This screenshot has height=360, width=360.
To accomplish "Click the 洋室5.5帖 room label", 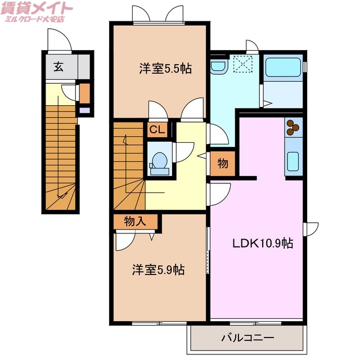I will coord(165,69).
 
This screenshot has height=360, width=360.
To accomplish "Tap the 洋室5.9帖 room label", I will coord(158,269).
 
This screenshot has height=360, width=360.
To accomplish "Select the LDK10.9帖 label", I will coord(263,244).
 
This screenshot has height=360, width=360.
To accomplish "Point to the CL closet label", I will coord(157,130).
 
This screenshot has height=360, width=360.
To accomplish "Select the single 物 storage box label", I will coord(223,164).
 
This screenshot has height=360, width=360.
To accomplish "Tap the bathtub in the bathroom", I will coord(283,67).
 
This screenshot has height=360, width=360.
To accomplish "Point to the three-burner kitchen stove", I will coord(293,128).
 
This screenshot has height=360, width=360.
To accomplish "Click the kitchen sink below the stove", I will coord(293,162).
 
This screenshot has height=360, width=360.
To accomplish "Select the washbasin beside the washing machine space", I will coord(217,67).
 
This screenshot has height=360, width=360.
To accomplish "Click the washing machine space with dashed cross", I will coord(244,66).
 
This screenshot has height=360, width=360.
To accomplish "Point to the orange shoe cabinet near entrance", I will coord(84,93).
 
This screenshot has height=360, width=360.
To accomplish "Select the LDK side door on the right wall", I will coord(310,229).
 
